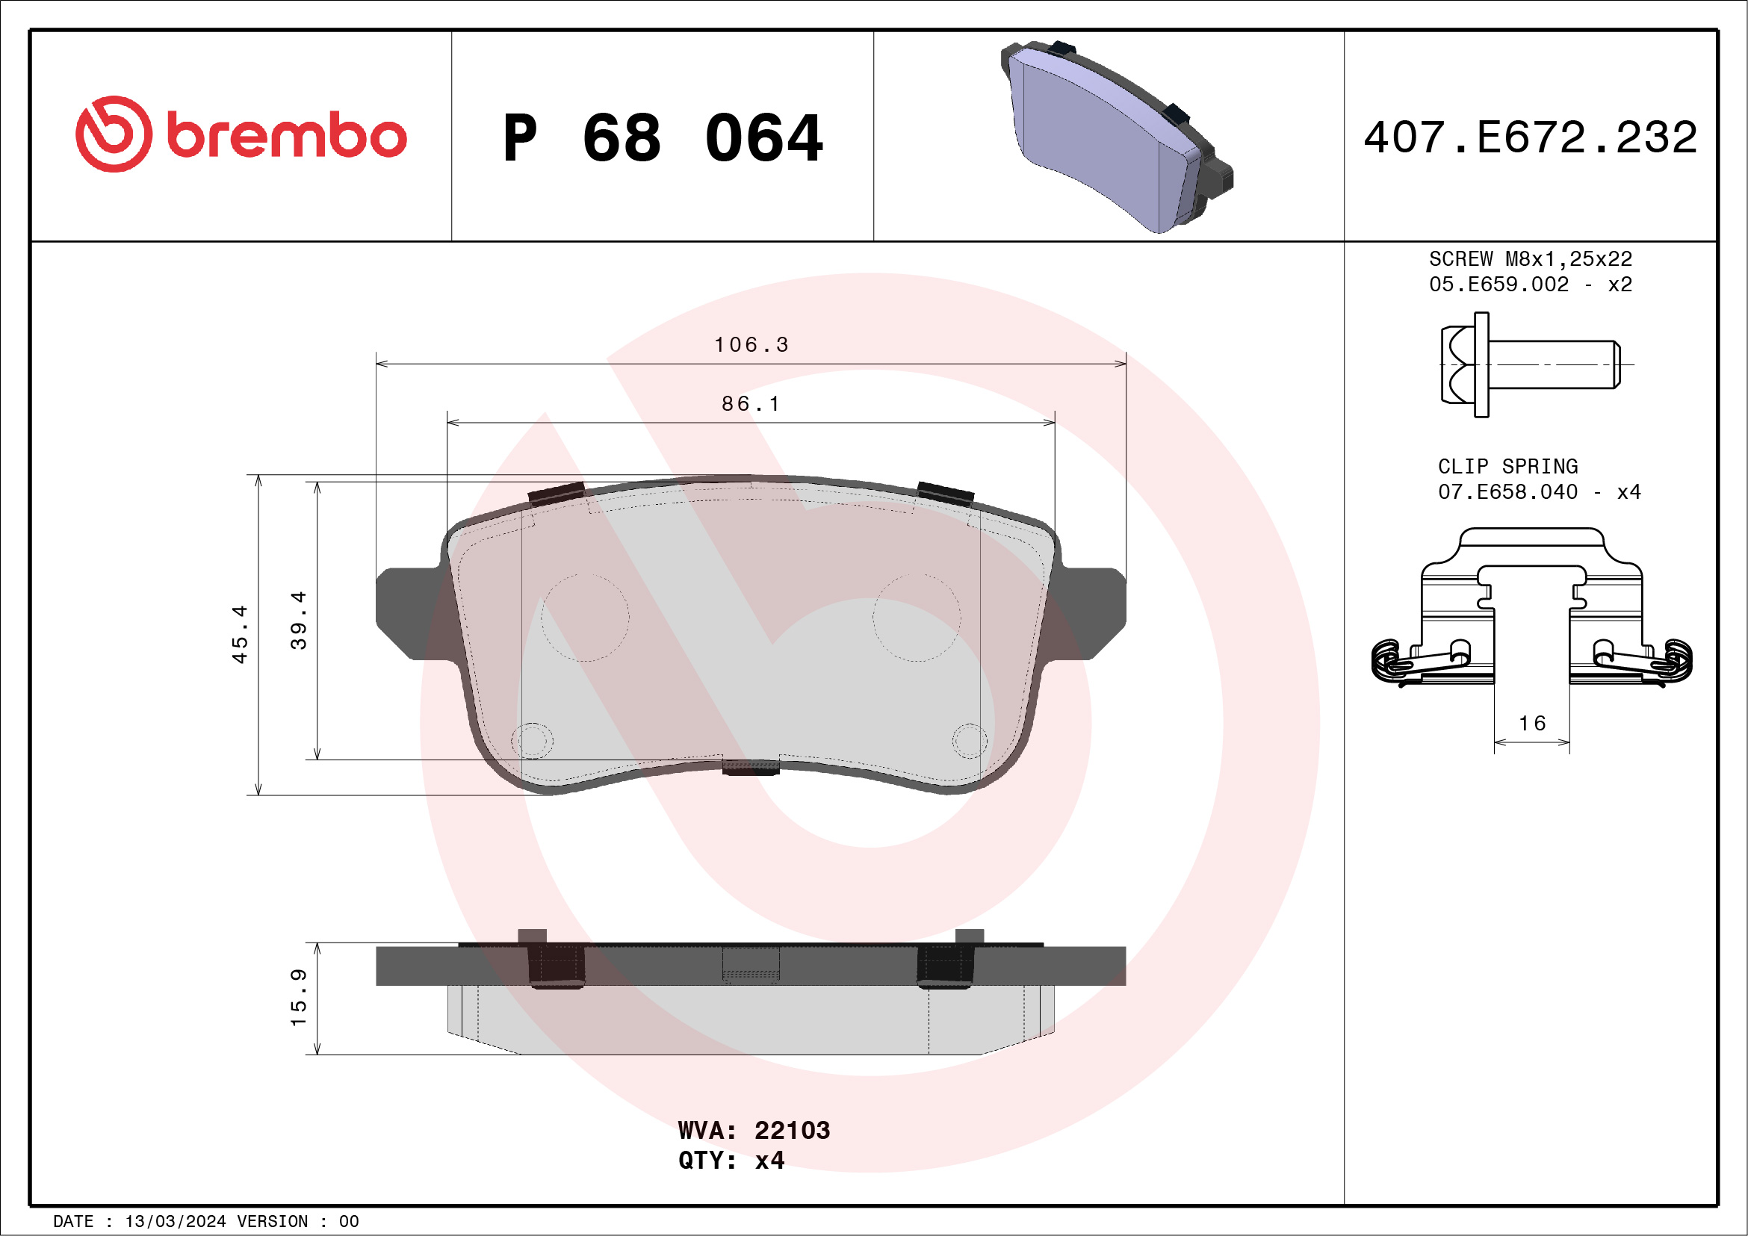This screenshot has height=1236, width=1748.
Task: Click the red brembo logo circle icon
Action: point(114,134)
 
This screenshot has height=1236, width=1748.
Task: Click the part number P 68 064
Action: point(663,138)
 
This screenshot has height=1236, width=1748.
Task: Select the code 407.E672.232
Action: point(1531,137)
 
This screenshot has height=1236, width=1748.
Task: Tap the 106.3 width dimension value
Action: point(751,345)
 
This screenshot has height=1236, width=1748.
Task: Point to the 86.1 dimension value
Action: point(751,403)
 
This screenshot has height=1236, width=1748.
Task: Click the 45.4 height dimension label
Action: point(240,634)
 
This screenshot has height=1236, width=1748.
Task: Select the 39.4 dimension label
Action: point(299,621)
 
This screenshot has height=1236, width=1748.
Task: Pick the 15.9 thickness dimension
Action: point(299,998)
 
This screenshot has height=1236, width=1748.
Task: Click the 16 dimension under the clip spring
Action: point(1532,723)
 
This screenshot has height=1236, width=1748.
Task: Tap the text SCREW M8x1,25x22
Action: point(1531,258)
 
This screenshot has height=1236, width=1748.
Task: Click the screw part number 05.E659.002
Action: point(1498,285)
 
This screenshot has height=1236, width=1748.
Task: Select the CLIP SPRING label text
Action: point(1507,466)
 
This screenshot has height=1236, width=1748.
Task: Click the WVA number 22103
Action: point(792,1130)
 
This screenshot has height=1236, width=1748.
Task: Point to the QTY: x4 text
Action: point(731,1160)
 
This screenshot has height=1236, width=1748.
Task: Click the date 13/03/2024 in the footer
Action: point(175,1222)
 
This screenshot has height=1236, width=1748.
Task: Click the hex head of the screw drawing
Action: point(1458,364)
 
